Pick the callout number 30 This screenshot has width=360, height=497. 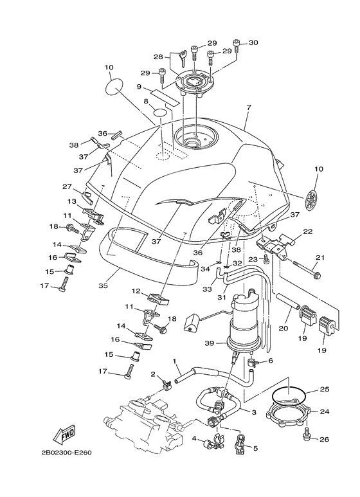tap(253, 42)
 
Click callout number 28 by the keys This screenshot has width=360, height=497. tap(157, 57)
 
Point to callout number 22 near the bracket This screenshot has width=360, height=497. tap(308, 231)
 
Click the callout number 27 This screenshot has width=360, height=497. tap(66, 186)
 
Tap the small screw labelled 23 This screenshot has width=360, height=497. tap(266, 259)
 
